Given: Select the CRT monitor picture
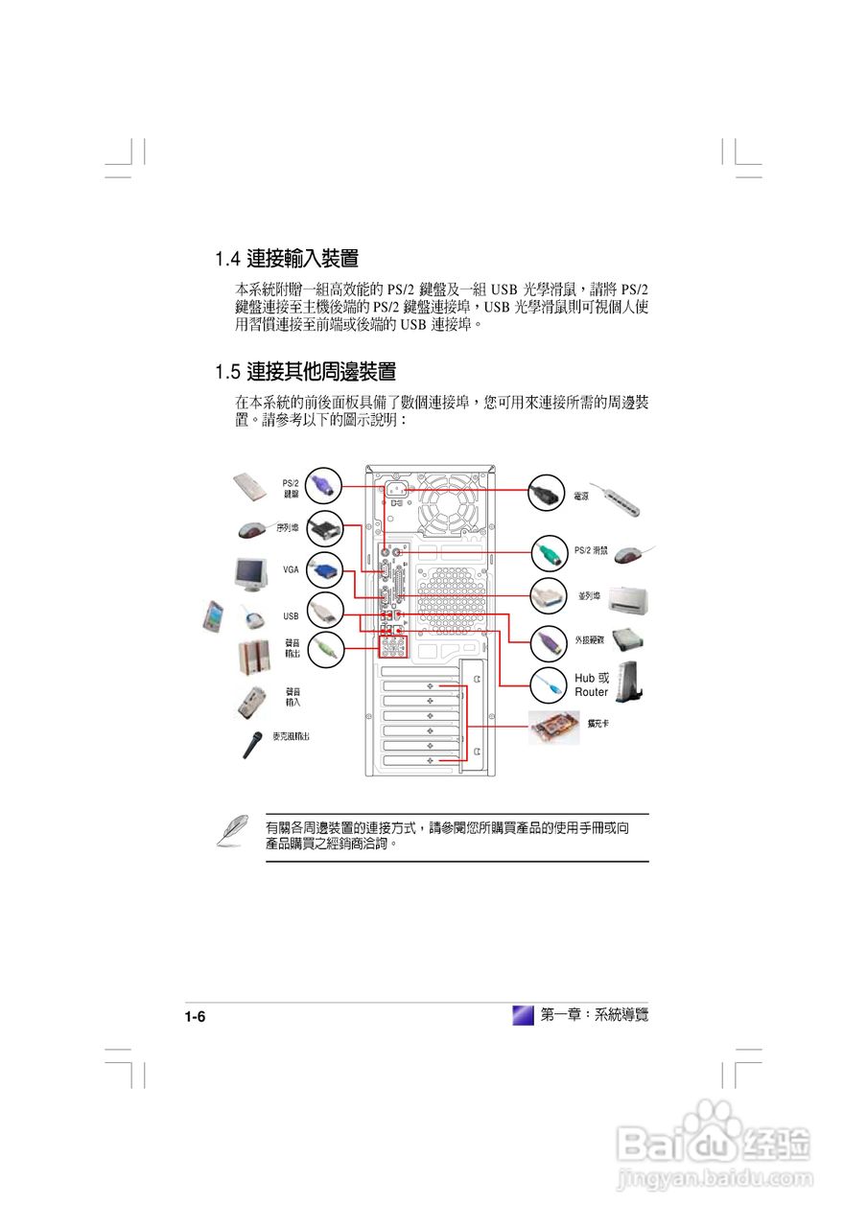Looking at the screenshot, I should [x=253, y=573].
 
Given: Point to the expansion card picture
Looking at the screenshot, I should [x=556, y=729].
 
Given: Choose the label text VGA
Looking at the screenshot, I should [x=291, y=569].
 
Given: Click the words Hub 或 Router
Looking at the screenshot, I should [x=591, y=684].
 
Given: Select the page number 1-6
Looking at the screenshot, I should [x=196, y=1017].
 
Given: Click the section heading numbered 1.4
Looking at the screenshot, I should [x=287, y=259].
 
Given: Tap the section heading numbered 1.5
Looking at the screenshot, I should [x=305, y=371].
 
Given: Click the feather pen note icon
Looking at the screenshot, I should [x=230, y=830].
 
